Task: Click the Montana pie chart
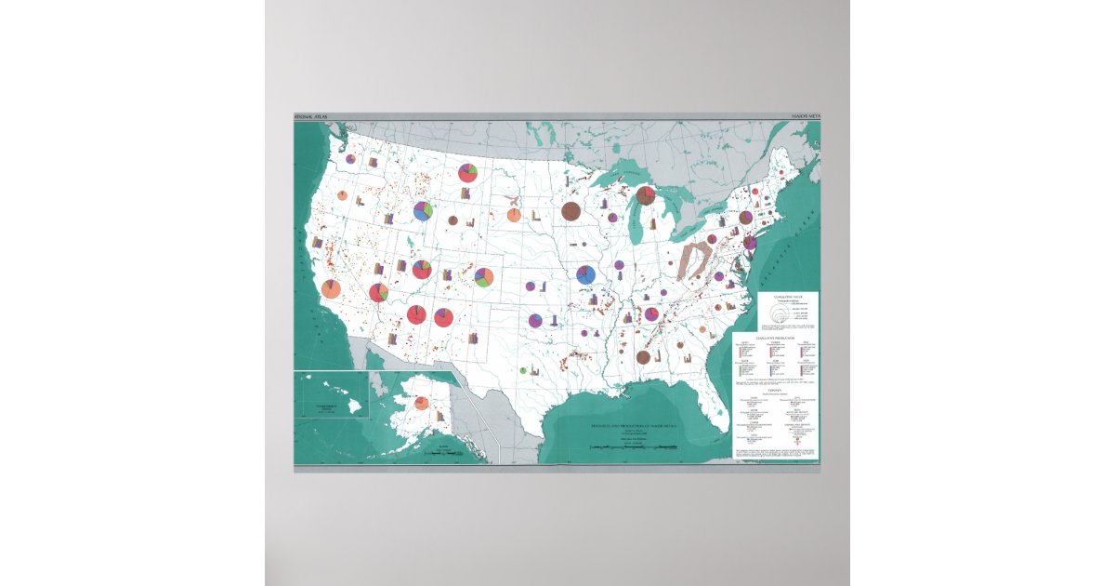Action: (467, 173)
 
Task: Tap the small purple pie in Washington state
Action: (350, 159)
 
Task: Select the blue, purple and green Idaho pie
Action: (423, 211)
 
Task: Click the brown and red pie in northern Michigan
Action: (646, 196)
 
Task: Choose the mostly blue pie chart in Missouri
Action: (585, 274)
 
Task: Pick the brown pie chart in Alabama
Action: (643, 356)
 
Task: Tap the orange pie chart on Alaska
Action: (421, 403)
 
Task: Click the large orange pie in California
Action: (331, 288)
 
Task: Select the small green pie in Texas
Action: (523, 370)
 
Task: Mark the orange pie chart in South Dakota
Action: (514, 216)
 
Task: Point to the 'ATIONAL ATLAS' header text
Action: (312, 117)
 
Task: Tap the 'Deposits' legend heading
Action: (774, 390)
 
